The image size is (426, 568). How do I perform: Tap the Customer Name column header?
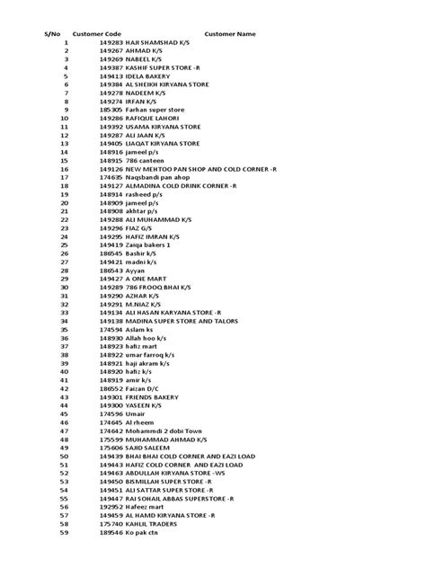pos(230,34)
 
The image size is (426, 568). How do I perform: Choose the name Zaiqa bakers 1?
pos(148,244)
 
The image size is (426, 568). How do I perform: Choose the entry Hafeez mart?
pos(146,506)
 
